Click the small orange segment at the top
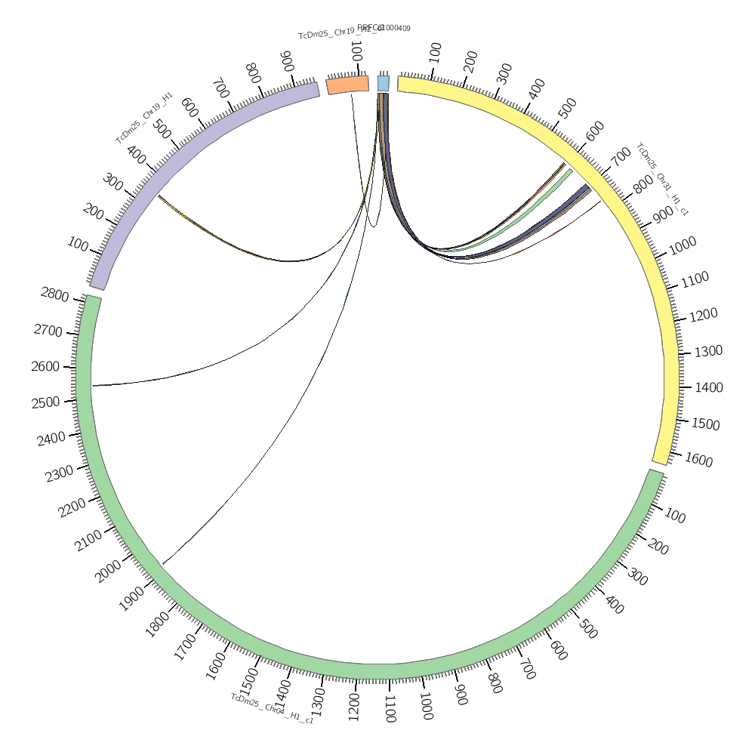tap(348, 85)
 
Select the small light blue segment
tap(384, 83)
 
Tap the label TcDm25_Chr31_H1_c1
tap(662, 179)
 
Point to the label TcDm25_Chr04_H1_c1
tap(272, 708)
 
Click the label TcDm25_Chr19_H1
tap(144, 118)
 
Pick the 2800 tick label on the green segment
tap(54, 294)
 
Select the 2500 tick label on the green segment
tap(46, 402)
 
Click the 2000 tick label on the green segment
tap(111, 573)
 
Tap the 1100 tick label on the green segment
tap(390, 710)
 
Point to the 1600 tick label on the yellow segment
tap(698, 460)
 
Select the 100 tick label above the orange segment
tap(356, 52)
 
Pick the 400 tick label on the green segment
tap(614, 604)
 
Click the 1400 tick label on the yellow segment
tap(708, 387)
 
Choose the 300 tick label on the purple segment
tap(113, 182)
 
